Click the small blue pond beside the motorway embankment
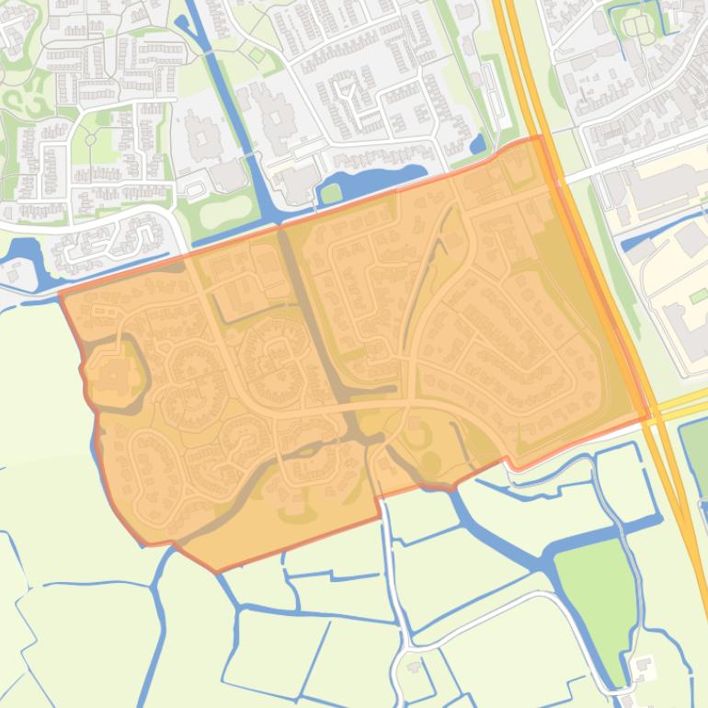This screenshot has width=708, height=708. pos(477,144)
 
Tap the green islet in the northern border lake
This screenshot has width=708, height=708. pos(330,194)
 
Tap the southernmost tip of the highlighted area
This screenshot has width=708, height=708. pos(217,571)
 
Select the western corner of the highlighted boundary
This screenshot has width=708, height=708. pos(61,295)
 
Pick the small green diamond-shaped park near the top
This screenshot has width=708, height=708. pos(257,56)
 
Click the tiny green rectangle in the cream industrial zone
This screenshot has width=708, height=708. pos(699,296)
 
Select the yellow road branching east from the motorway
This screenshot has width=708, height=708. pos(680,401)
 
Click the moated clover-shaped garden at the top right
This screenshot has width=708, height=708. pos(637,25)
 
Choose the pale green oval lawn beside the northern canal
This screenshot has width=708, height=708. pos(224,211)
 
